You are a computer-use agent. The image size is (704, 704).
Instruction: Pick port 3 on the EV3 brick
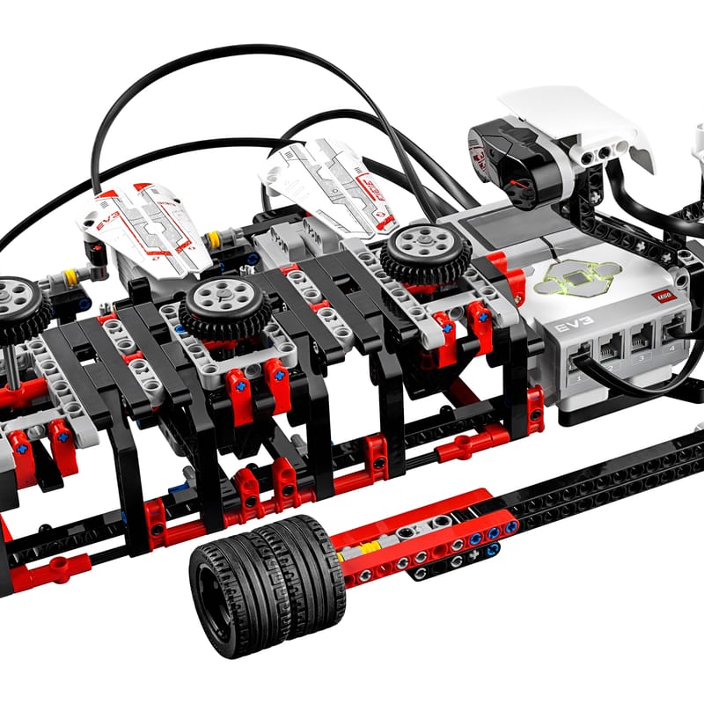641,340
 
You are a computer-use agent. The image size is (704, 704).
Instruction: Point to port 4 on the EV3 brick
673,329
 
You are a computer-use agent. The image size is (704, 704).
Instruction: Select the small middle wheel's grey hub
224,299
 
